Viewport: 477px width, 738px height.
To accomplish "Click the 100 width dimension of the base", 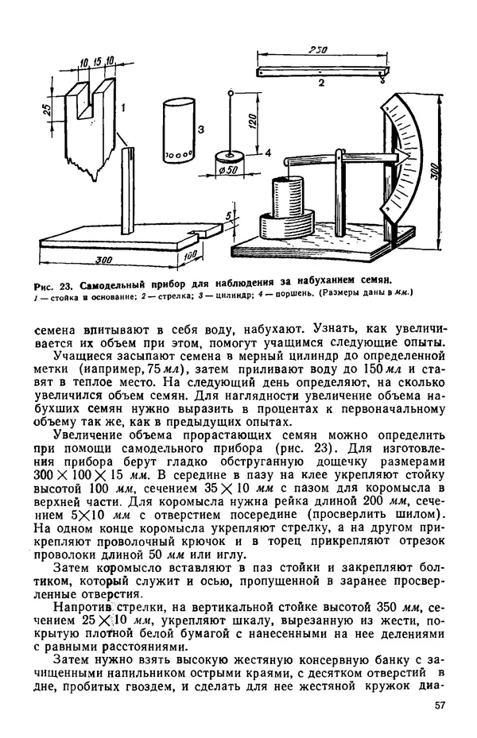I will [x=190, y=255].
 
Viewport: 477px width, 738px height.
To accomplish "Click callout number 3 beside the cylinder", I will [x=202, y=129].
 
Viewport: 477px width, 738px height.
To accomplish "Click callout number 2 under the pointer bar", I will [x=320, y=83].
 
